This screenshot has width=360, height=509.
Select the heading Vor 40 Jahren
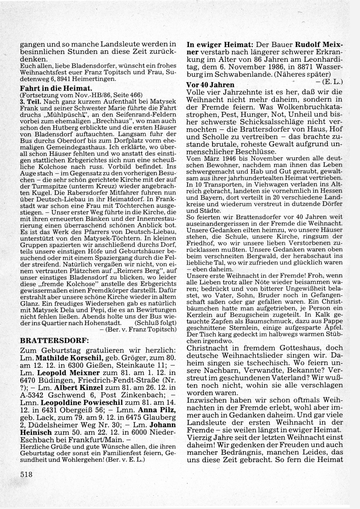pyautogui.click(x=210, y=85)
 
